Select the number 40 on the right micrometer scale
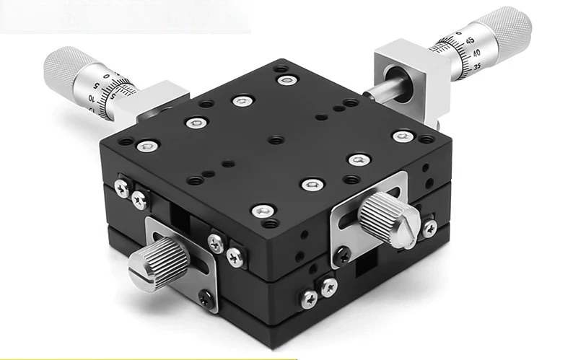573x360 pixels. [476, 54]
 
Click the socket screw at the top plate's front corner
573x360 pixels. [261, 211]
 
